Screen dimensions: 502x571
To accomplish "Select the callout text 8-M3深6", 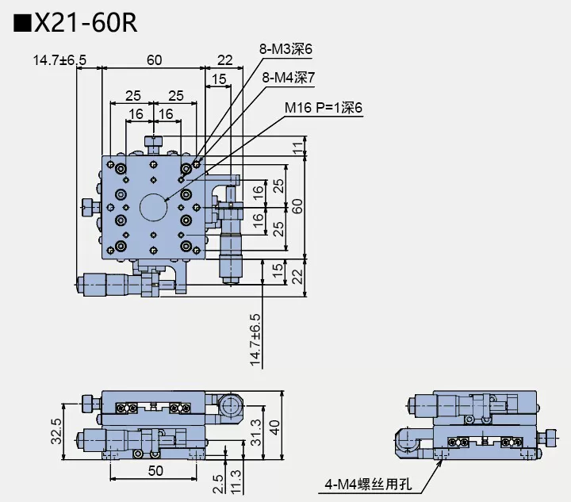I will pos(285,49).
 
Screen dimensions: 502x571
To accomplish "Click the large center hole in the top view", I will pos(154,207).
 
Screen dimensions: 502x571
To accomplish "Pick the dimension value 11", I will pos(297,146).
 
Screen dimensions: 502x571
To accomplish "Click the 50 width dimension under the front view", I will pos(156,470).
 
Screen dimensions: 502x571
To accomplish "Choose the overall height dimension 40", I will pos(274,426).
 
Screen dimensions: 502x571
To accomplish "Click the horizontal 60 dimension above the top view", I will pos(155,59).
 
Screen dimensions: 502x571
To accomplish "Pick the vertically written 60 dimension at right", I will pos(297,206).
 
